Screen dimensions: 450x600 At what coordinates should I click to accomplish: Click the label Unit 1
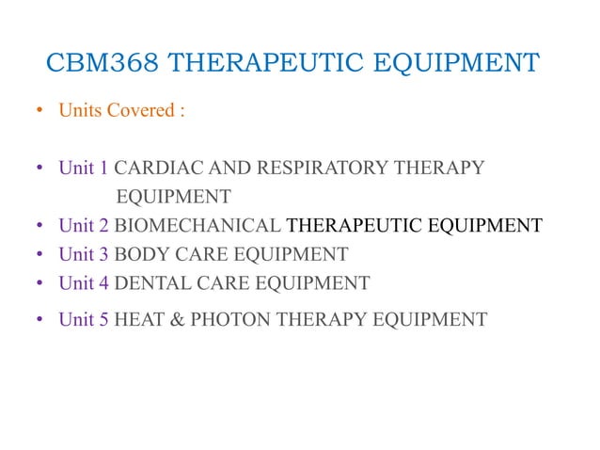[83, 169]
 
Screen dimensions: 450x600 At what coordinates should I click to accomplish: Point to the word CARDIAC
[160, 169]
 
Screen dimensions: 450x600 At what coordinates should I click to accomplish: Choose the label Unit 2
[83, 226]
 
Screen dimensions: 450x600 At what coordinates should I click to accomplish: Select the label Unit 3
[83, 254]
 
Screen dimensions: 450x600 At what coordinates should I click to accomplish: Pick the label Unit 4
[83, 282]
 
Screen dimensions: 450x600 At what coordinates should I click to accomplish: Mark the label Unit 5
[83, 320]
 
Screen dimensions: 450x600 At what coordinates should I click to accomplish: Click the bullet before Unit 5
[39, 321]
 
